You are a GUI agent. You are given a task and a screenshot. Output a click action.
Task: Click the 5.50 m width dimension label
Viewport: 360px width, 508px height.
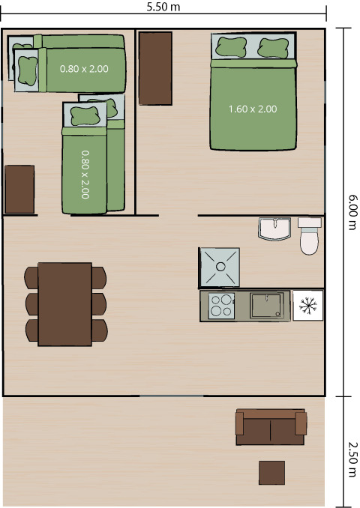click(164, 7)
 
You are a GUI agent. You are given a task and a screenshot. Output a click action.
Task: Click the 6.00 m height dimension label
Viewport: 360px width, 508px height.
click(352, 211)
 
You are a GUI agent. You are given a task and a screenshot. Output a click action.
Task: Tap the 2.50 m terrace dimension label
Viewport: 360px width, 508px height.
click(352, 452)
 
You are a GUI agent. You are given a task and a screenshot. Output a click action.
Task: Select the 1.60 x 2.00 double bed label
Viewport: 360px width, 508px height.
click(252, 109)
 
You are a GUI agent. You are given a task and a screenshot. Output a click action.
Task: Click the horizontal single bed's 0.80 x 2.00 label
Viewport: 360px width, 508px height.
click(84, 69)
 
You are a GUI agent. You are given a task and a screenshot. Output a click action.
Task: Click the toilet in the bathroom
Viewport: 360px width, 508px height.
click(309, 237)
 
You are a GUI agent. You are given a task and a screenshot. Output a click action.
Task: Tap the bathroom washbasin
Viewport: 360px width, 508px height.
click(274, 229)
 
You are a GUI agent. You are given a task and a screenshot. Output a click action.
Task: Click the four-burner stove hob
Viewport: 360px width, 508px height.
click(220, 306)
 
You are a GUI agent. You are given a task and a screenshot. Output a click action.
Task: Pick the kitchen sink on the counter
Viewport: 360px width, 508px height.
click(268, 305)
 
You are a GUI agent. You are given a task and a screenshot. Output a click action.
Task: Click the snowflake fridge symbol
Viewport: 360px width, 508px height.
click(307, 305)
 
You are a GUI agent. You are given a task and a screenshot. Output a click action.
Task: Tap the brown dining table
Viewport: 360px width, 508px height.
click(64, 303)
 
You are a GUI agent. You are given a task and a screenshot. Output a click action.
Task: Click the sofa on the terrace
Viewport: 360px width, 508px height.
click(270, 426)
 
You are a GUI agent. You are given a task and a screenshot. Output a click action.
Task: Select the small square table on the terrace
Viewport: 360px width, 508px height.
click(271, 473)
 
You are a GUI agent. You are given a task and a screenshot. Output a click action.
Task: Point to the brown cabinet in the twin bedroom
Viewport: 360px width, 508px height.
click(19, 189)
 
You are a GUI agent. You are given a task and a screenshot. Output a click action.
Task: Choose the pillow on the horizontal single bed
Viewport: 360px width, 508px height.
click(28, 69)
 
